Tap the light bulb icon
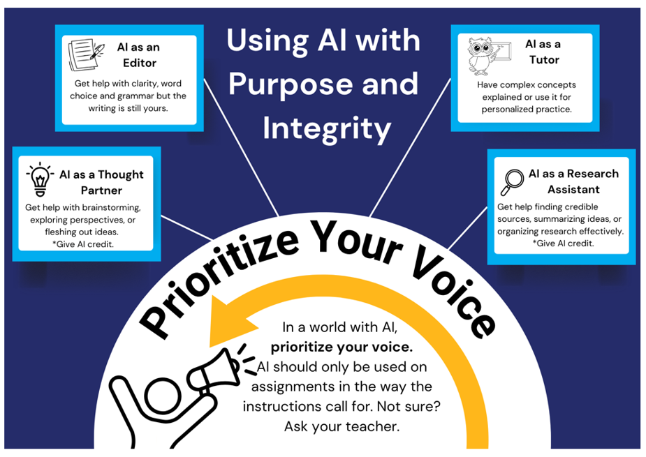click(39, 179)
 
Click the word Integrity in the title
click(326, 128)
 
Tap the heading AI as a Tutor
click(543, 52)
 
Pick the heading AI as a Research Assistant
click(573, 181)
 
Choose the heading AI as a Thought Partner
click(101, 182)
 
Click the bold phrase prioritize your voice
click(342, 346)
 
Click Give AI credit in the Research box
click(563, 243)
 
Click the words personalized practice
click(526, 110)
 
